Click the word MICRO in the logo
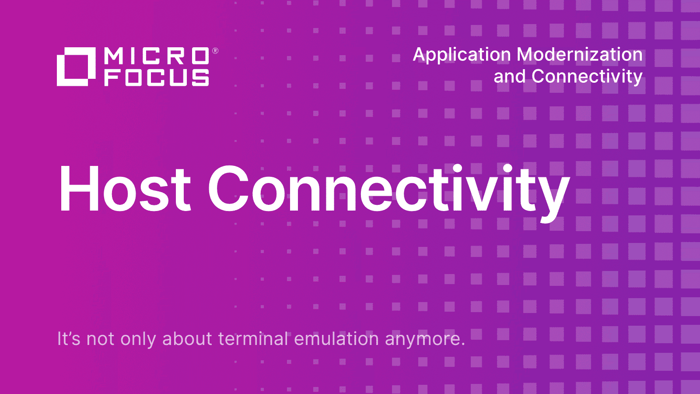[157, 56]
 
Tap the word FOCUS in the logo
[157, 77]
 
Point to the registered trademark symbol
[215, 51]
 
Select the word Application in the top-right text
[462, 56]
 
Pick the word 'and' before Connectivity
[509, 76]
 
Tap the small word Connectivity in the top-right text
[587, 77]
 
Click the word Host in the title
[125, 188]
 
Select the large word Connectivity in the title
[389, 193]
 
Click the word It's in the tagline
[69, 338]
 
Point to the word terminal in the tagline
[253, 338]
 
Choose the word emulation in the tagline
[336, 338]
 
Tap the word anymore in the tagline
[425, 340]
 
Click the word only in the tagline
[138, 340]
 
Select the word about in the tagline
[187, 338]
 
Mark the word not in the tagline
[100, 339]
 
